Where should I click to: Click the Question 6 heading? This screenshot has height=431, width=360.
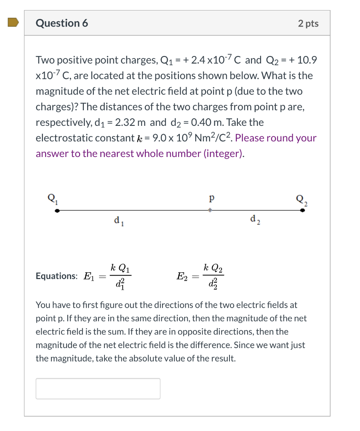pyautogui.click(x=62, y=23)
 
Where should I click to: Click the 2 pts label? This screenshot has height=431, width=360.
pyautogui.click(x=308, y=24)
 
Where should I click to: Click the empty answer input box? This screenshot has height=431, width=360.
pyautogui.click(x=98, y=388)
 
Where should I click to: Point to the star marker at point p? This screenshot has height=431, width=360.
pyautogui.click(x=209, y=210)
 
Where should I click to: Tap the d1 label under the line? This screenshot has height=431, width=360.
pyautogui.click(x=118, y=220)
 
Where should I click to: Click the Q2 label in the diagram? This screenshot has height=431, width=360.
pyautogui.click(x=302, y=199)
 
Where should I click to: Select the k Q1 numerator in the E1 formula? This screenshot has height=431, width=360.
pyautogui.click(x=120, y=267)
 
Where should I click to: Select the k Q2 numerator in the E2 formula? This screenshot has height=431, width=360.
pyautogui.click(x=213, y=267)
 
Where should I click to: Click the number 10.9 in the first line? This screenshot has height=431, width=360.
pyautogui.click(x=307, y=60)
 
